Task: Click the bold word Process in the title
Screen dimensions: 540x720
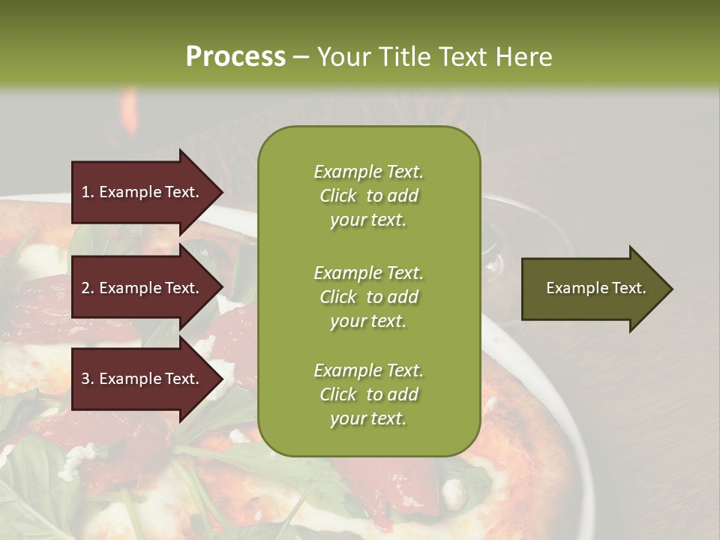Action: coord(235,57)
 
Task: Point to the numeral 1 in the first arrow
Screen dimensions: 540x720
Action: coord(85,192)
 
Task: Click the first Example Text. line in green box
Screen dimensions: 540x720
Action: coord(368,172)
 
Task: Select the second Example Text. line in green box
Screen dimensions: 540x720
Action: coord(368,273)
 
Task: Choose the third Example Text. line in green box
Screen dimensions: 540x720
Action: coord(368,370)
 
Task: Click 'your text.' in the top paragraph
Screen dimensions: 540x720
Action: coord(368,220)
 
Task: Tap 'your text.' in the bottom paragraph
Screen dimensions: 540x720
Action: coord(368,419)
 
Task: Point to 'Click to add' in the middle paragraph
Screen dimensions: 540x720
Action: coord(368,297)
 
